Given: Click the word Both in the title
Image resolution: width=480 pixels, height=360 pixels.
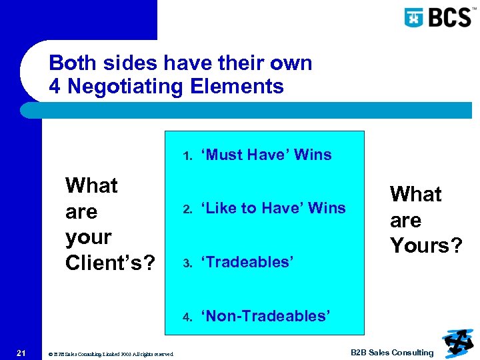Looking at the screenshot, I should [x=71, y=63].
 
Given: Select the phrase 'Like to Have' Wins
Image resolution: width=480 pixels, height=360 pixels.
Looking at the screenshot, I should [x=275, y=208].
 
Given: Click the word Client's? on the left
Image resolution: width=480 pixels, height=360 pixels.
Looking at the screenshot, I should [x=111, y=263].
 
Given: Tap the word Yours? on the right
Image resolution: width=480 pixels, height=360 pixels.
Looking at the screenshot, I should [x=426, y=245].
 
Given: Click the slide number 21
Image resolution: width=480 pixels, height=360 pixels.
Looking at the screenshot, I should [x=21, y=353].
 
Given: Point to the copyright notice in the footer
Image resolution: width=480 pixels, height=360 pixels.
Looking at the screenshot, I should [x=111, y=354].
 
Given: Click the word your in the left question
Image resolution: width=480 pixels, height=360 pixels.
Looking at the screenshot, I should [x=88, y=237].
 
